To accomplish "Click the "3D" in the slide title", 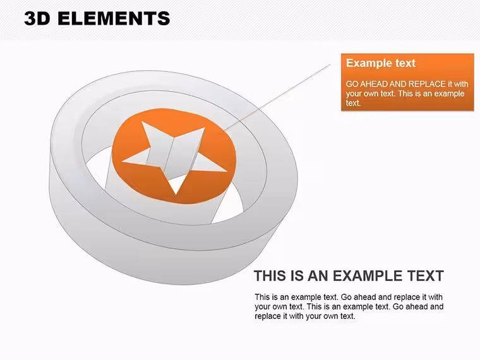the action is tap(37, 18).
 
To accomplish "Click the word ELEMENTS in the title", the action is tap(114, 18).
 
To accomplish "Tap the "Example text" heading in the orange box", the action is tap(380, 63).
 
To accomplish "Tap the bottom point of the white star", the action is tap(176, 193).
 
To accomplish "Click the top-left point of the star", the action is tap(142, 122).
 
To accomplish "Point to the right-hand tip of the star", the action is tap(226, 171).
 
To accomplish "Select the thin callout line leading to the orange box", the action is tap(277, 98).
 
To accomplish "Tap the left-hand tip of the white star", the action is tap(123, 161).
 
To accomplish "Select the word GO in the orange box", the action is tap(352, 84).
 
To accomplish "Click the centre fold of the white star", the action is tap(169, 153).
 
